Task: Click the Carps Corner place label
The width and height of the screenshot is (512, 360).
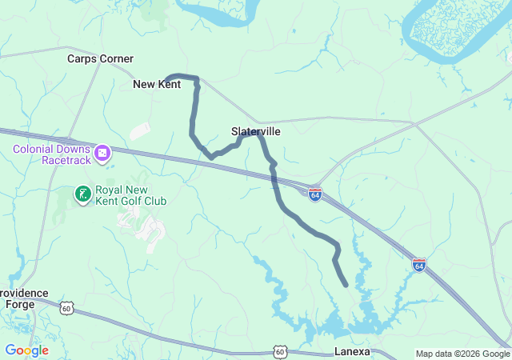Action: tap(100, 58)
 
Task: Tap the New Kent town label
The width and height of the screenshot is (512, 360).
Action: tap(156, 84)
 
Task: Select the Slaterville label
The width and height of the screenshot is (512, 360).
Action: tap(255, 131)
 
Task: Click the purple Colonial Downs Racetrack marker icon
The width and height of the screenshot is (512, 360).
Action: tap(102, 152)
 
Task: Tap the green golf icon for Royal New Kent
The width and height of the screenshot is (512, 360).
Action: tap(82, 194)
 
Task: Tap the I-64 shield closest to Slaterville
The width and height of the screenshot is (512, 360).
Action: tap(315, 194)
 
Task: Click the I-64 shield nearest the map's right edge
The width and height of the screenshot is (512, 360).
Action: tap(419, 265)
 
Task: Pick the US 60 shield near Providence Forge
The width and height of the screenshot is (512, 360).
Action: tap(66, 307)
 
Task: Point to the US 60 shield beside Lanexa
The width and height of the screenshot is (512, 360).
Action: tap(278, 351)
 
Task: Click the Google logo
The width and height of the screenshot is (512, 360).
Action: tap(26, 350)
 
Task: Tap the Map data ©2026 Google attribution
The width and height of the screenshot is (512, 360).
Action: tap(462, 354)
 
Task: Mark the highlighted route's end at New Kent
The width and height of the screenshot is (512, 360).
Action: tap(166, 82)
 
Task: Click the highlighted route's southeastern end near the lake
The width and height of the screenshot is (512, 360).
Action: tap(345, 284)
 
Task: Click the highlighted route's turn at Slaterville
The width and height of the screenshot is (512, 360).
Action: tap(258, 134)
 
